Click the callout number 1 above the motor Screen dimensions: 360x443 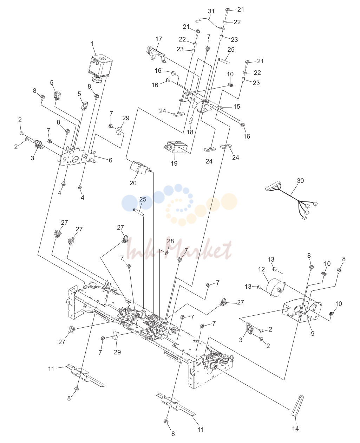[92, 44]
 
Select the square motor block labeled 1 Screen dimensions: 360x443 [100, 68]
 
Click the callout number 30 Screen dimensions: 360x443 [300, 180]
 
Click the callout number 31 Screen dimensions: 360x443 [211, 11]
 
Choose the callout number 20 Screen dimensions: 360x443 [133, 183]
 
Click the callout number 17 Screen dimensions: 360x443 [159, 39]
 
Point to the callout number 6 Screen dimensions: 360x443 [111, 160]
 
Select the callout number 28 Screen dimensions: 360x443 [170, 241]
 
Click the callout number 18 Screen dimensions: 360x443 [190, 132]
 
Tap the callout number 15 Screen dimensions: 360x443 [237, 107]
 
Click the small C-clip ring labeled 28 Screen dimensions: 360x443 [166, 253]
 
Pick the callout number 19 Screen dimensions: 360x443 [174, 163]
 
